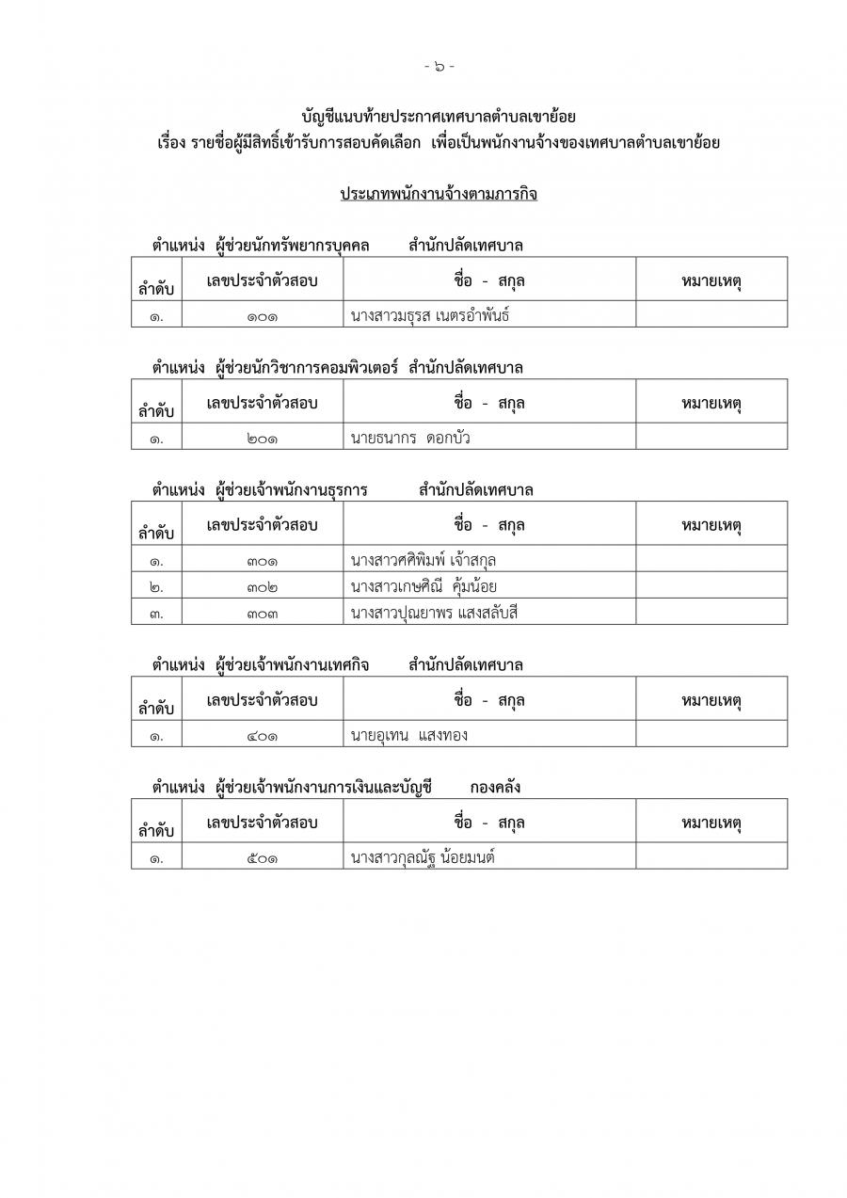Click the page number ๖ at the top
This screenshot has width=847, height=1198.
pyautogui.click(x=439, y=66)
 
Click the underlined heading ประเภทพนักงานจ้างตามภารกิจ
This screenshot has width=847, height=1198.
pyautogui.click(x=439, y=194)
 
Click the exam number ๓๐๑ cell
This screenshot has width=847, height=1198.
pyautogui.click(x=263, y=561)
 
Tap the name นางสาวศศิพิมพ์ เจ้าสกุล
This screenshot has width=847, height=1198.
pyautogui.click(x=423, y=561)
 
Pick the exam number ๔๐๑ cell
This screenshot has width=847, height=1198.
pyautogui.click(x=263, y=735)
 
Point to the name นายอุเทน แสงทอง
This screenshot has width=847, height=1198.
pyautogui.click(x=408, y=735)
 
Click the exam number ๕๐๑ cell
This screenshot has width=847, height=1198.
pyautogui.click(x=263, y=857)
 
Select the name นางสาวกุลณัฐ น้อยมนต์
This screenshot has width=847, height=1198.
pyautogui.click(x=423, y=857)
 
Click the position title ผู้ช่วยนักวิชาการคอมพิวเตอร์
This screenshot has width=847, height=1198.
pyautogui.click(x=308, y=368)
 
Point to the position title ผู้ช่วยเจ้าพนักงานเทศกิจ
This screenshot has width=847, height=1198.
pyautogui.click(x=292, y=664)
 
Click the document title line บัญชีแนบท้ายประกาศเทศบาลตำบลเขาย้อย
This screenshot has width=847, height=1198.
pyautogui.click(x=439, y=118)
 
